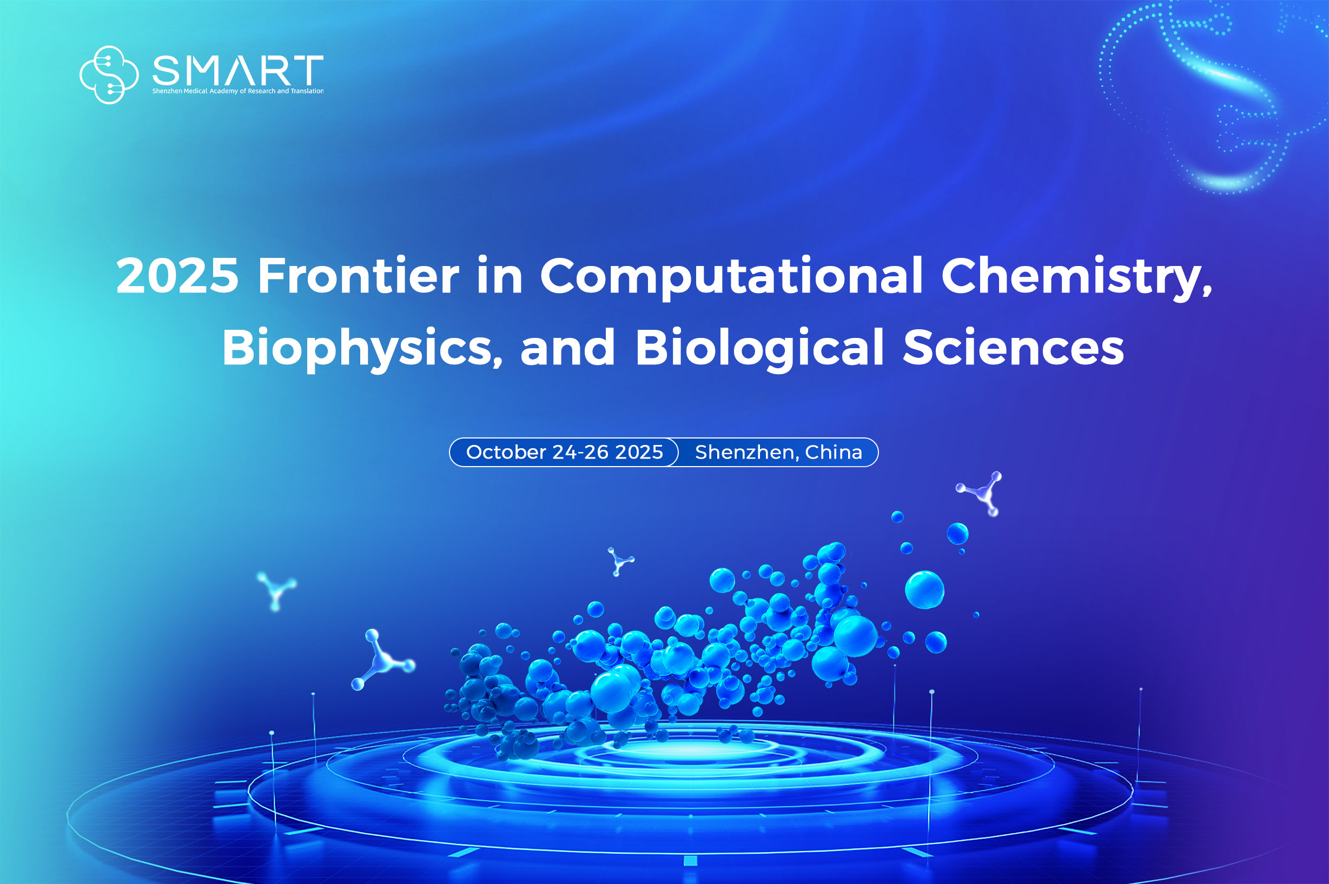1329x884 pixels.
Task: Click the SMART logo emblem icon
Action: [x=109, y=75]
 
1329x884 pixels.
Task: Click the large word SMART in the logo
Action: [x=238, y=70]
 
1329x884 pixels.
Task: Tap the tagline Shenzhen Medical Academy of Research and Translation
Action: [x=238, y=91]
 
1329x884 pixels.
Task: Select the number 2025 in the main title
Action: [x=177, y=276]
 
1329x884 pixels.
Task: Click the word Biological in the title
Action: [x=759, y=349]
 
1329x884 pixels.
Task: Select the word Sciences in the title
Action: [x=1013, y=347]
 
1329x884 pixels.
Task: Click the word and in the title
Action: [x=567, y=347]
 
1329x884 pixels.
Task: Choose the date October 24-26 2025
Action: [x=564, y=452]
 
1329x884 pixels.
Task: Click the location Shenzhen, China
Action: [x=779, y=452]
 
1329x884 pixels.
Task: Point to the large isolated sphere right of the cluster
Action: [x=925, y=590]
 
